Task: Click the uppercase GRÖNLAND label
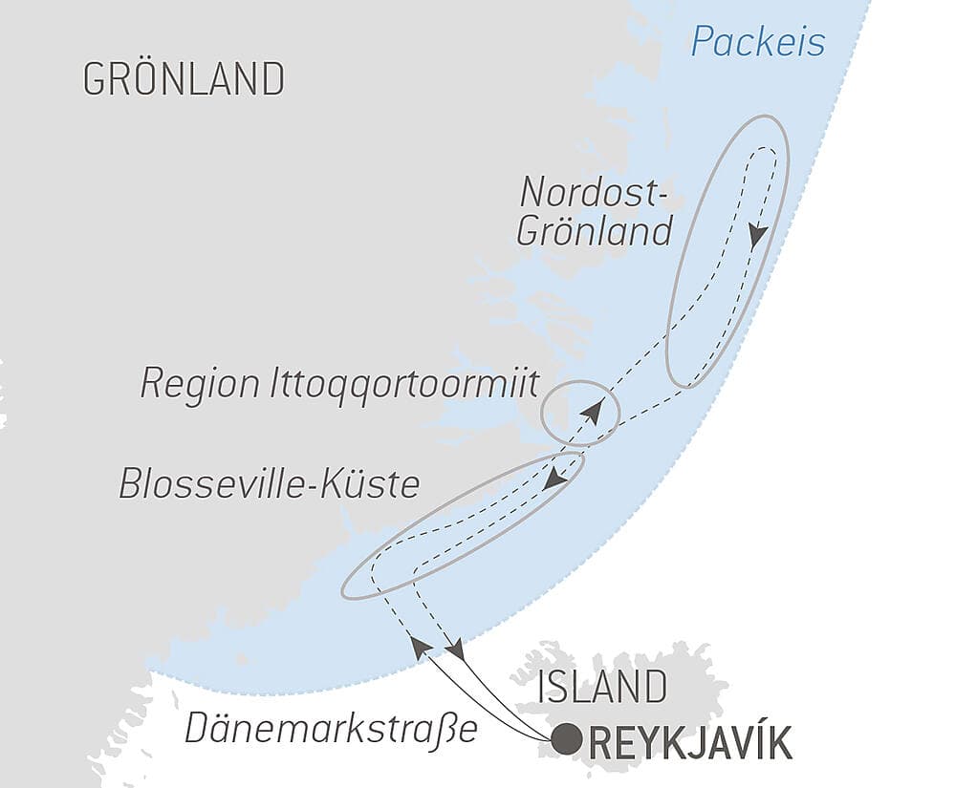pos(184,78)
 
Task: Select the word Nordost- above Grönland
pos(590,193)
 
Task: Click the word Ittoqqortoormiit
pos(402,384)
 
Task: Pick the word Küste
pos(376,483)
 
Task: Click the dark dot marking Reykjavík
pos(568,739)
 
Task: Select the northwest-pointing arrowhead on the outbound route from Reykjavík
pos(419,646)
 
